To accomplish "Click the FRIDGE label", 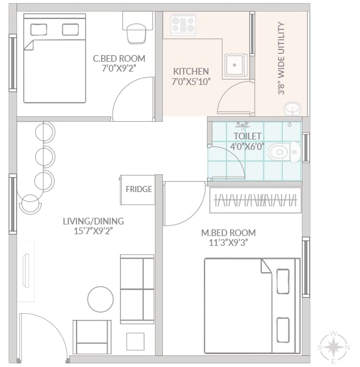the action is point(138,189).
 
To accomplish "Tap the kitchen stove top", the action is point(183,24).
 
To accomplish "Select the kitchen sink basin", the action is point(236,65).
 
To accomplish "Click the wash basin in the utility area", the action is point(293,109).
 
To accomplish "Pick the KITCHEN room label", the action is point(191,72).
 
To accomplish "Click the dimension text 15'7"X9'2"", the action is point(93,231).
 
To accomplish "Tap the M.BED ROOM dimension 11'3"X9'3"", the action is point(228,243).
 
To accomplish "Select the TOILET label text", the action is point(247,136).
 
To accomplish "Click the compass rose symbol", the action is point(334,347).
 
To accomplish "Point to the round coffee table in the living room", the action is point(100,299).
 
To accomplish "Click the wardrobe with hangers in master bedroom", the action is point(255,201).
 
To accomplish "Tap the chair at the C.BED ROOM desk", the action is point(137,34).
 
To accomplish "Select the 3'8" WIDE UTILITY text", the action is point(281,58).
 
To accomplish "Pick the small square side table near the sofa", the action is point(135,342).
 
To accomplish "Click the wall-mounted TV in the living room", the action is point(26,270).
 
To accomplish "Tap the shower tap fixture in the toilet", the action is point(242,125).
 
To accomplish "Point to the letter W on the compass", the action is point(334,333).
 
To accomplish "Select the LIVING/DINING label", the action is point(93,221).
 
